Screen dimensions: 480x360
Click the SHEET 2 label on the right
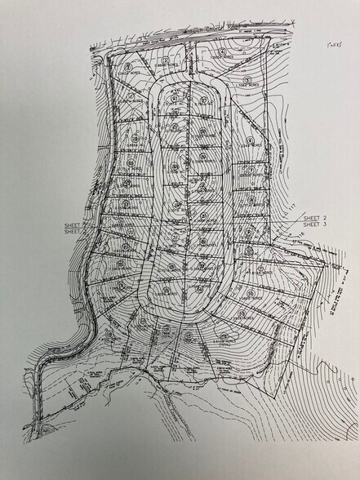click(x=314, y=219)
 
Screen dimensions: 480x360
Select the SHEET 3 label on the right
click(x=314, y=226)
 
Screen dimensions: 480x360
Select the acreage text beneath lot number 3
click(x=166, y=64)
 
